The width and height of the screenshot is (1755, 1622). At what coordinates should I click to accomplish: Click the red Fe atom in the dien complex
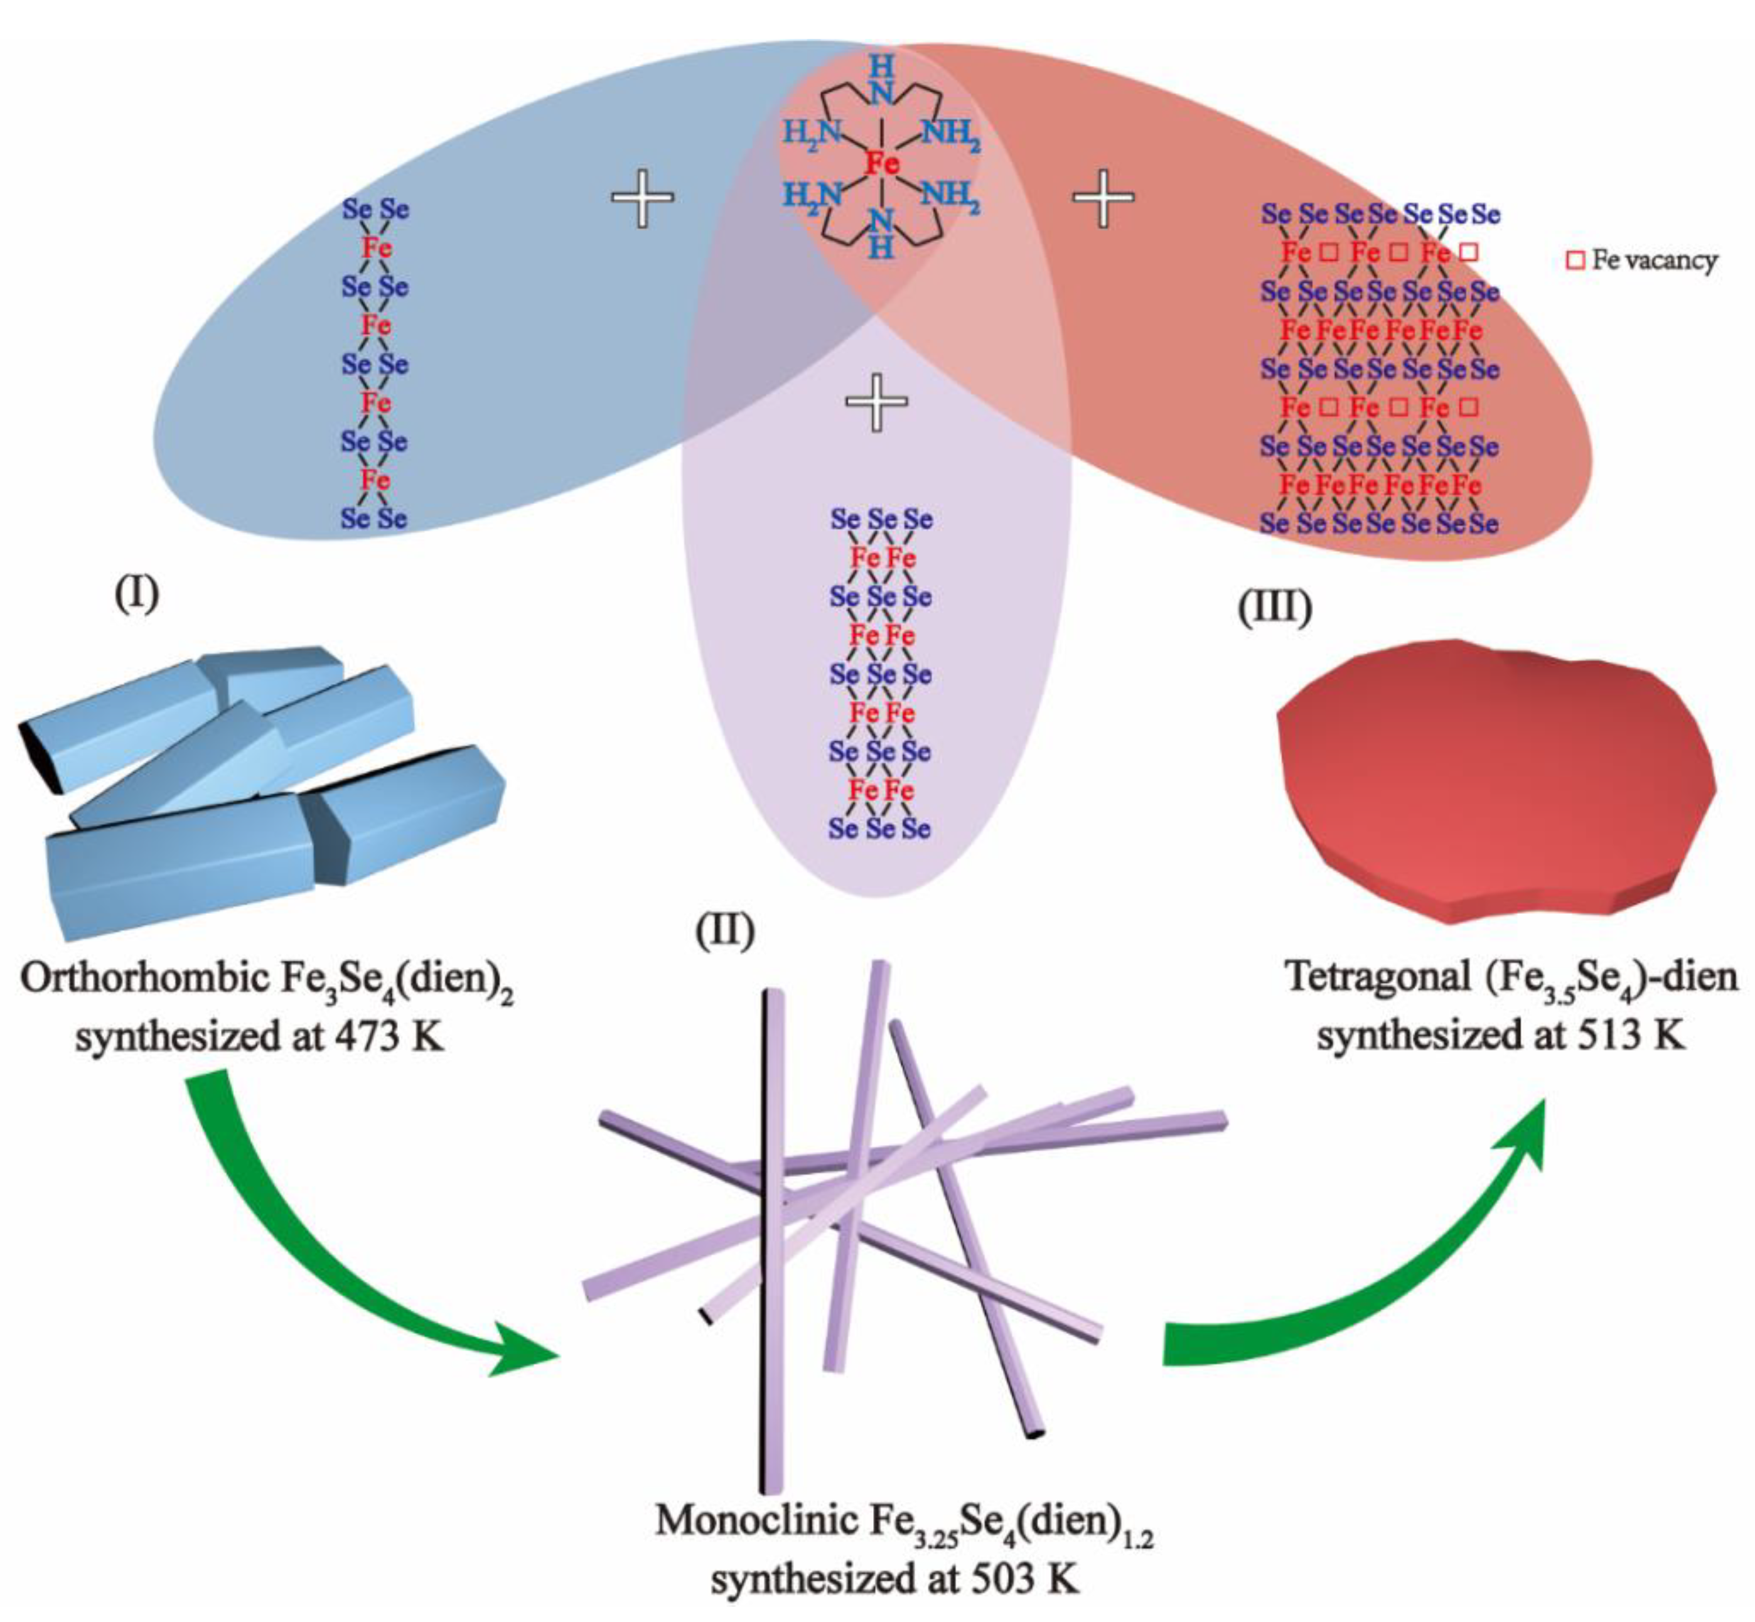coord(882,163)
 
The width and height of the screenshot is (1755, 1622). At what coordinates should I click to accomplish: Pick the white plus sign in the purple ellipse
coord(876,401)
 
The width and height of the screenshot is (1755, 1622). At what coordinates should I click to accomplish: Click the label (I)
coord(137,595)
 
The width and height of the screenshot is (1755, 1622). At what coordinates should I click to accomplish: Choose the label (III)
coord(1274,606)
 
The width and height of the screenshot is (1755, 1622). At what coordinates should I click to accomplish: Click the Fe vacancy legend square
coord(1575,260)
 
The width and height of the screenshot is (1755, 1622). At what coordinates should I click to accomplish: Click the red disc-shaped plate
coord(1492,781)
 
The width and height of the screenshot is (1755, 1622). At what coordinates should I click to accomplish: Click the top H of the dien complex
coord(881,67)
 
